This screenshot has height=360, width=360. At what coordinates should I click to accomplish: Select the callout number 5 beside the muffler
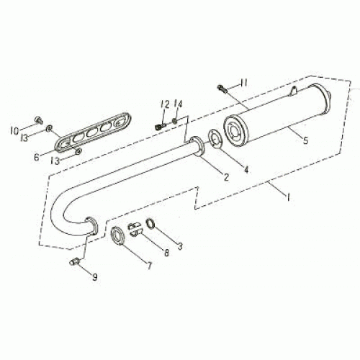coord(179,246)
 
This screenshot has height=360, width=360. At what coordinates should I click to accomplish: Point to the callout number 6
coord(246,171)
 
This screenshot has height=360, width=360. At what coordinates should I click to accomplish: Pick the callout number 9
coord(305,141)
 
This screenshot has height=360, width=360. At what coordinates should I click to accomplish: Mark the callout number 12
coord(166,252)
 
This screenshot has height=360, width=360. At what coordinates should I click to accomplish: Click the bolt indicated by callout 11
coord(164,104)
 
